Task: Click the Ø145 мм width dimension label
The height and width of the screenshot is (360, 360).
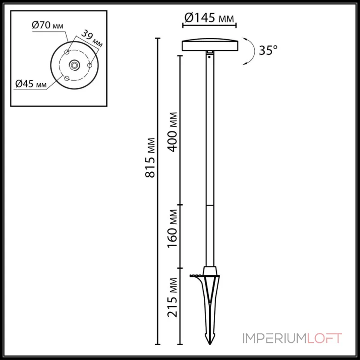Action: [x=210, y=18]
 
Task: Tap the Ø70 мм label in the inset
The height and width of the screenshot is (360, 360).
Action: [x=48, y=26]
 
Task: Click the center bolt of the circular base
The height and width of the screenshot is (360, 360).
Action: [x=73, y=65]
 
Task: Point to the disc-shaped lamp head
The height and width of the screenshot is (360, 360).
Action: [x=210, y=45]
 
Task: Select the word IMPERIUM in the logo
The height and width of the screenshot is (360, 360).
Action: [x=268, y=338]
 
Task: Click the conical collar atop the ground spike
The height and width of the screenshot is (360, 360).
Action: [x=210, y=271]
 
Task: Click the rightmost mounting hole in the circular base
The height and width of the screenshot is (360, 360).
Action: [x=90, y=66]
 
